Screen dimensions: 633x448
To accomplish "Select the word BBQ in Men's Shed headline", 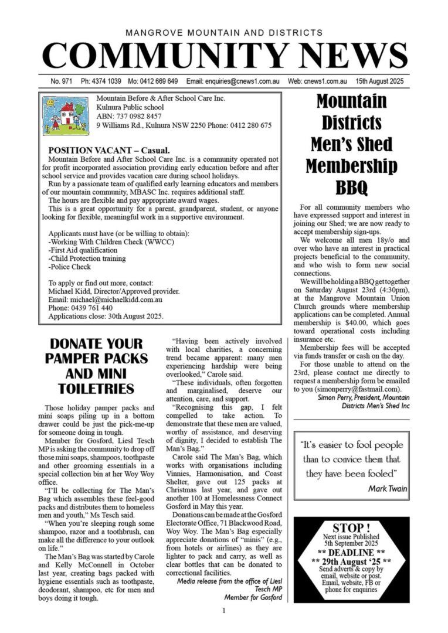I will (x=351, y=188).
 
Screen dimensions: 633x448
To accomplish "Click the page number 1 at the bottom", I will (x=224, y=611).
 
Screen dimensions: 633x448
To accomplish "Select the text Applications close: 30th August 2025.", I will (x=106, y=316).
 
